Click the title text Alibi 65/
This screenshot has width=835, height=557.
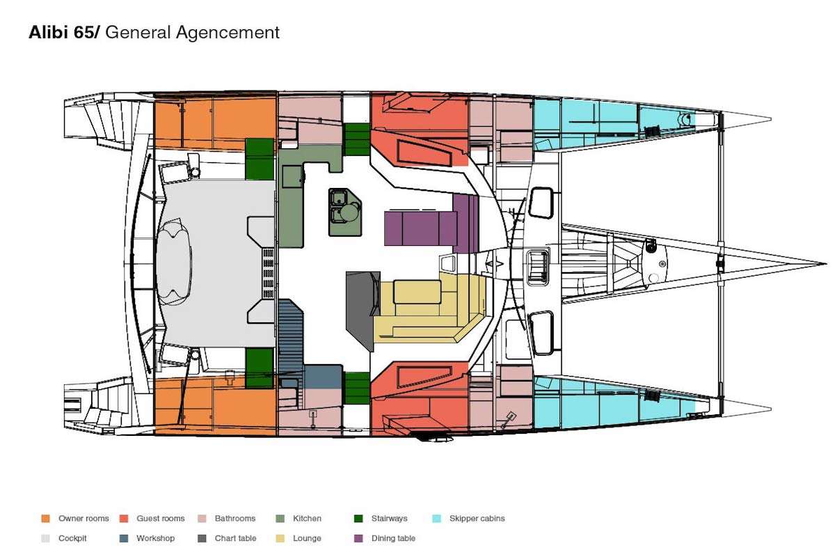click(x=64, y=32)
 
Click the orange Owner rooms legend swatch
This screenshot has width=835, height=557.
click(x=46, y=519)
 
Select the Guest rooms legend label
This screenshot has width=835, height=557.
click(x=161, y=519)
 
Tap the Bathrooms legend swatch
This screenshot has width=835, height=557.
click(x=202, y=519)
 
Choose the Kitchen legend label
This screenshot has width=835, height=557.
click(x=307, y=519)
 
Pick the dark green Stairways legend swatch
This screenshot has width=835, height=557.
click(x=359, y=519)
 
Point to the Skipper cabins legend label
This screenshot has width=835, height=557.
click(x=477, y=519)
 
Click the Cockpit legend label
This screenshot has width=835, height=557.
click(x=72, y=538)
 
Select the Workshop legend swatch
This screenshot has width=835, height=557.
click(x=124, y=538)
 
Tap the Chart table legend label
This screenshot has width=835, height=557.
click(x=235, y=538)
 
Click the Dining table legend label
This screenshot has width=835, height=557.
click(x=393, y=538)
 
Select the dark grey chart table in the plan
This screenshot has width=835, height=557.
click(x=363, y=304)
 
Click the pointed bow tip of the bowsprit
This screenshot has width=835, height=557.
click(x=825, y=264)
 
